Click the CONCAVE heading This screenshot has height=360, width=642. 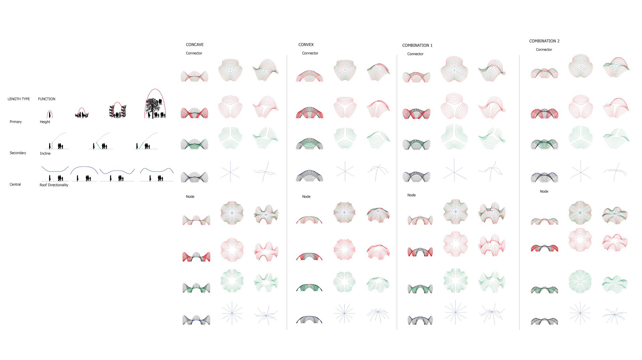click(195, 44)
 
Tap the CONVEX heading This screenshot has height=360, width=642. click(306, 44)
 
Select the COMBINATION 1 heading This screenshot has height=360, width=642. click(417, 45)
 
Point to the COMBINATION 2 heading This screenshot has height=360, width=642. click(544, 41)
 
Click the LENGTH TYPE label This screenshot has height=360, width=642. click(19, 99)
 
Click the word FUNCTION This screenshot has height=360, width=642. click(47, 99)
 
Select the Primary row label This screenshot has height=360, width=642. click(16, 122)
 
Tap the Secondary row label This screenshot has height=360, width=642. click(18, 153)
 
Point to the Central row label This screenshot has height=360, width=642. click(15, 184)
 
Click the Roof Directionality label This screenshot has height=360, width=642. click(54, 185)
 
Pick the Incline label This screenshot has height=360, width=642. click(45, 154)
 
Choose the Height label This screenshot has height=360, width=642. click(45, 122)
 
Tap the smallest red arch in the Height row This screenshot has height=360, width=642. click(49, 114)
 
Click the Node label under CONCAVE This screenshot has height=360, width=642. click(190, 197)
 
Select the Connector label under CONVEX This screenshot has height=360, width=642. click(310, 53)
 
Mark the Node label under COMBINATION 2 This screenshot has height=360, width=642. click(544, 191)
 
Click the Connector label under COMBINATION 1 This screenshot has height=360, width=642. click(415, 54)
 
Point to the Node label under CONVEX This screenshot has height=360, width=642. click(306, 197)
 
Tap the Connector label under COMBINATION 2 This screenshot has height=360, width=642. click(544, 50)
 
